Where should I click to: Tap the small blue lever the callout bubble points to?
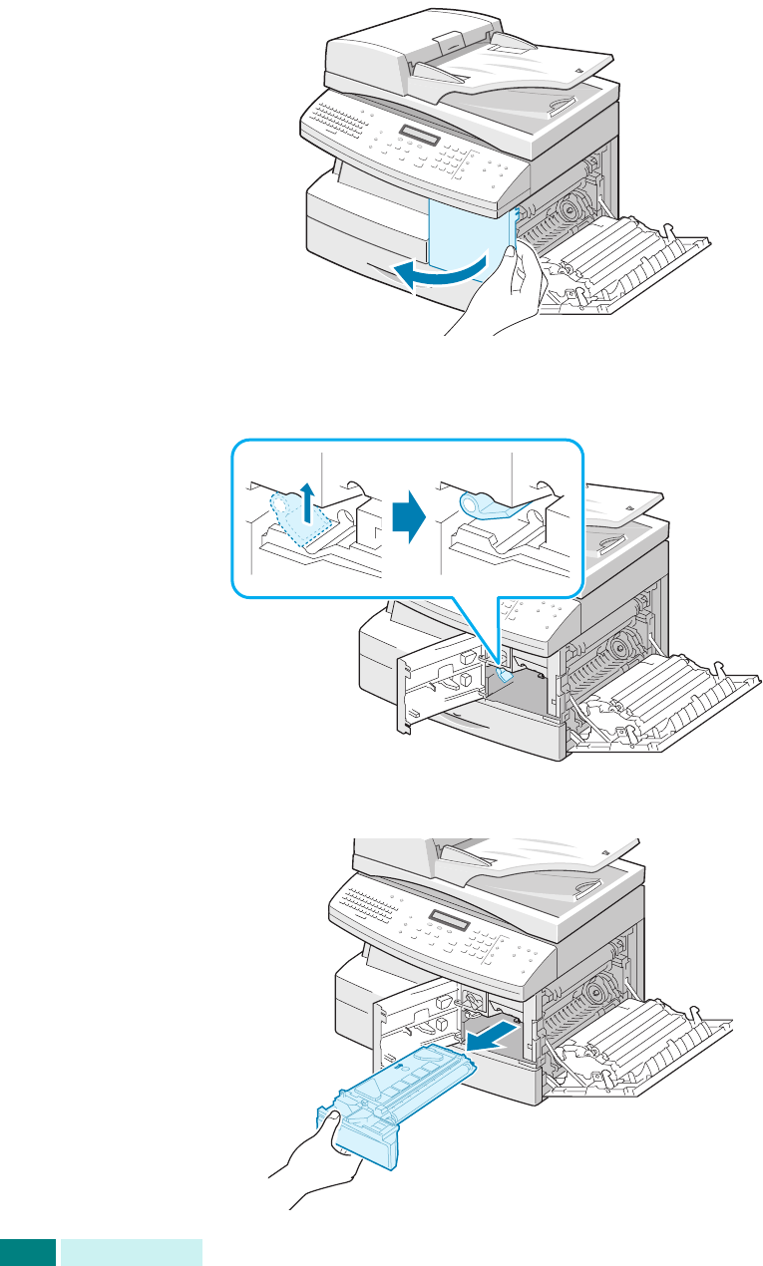coord(504,677)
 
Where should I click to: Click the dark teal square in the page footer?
coord(27,1252)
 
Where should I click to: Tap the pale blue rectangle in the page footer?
coord(131,1252)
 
